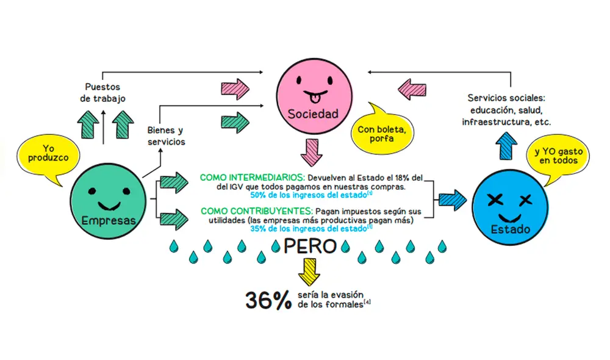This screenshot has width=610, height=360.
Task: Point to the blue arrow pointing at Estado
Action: click(452, 198)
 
